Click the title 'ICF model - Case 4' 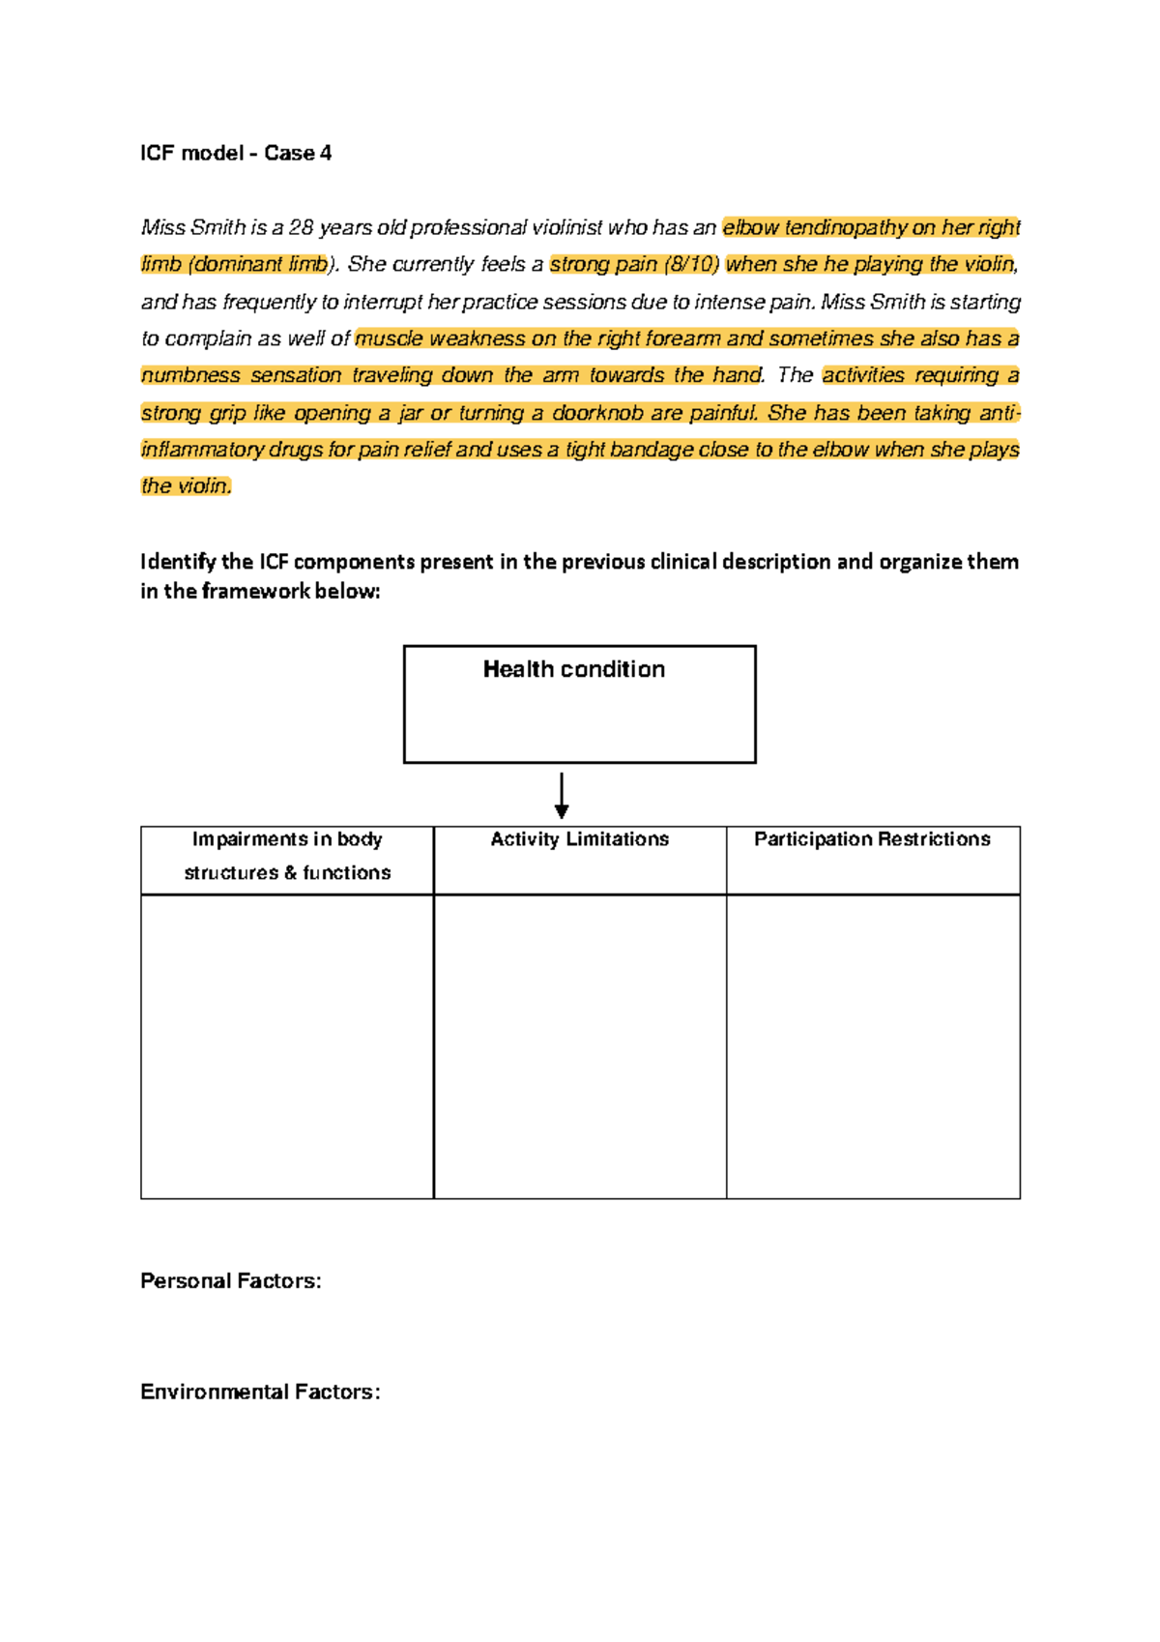(x=236, y=153)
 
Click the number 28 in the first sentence (x=301, y=227)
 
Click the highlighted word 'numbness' (x=190, y=375)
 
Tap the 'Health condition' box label (x=574, y=669)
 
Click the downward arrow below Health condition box (x=562, y=795)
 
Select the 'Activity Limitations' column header (x=579, y=839)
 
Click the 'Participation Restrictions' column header (x=872, y=839)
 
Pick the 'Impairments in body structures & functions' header (x=287, y=856)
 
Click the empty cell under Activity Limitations (x=579, y=1046)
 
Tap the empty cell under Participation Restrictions (x=873, y=1046)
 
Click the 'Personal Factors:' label (x=230, y=1280)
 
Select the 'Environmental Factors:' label (x=260, y=1392)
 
